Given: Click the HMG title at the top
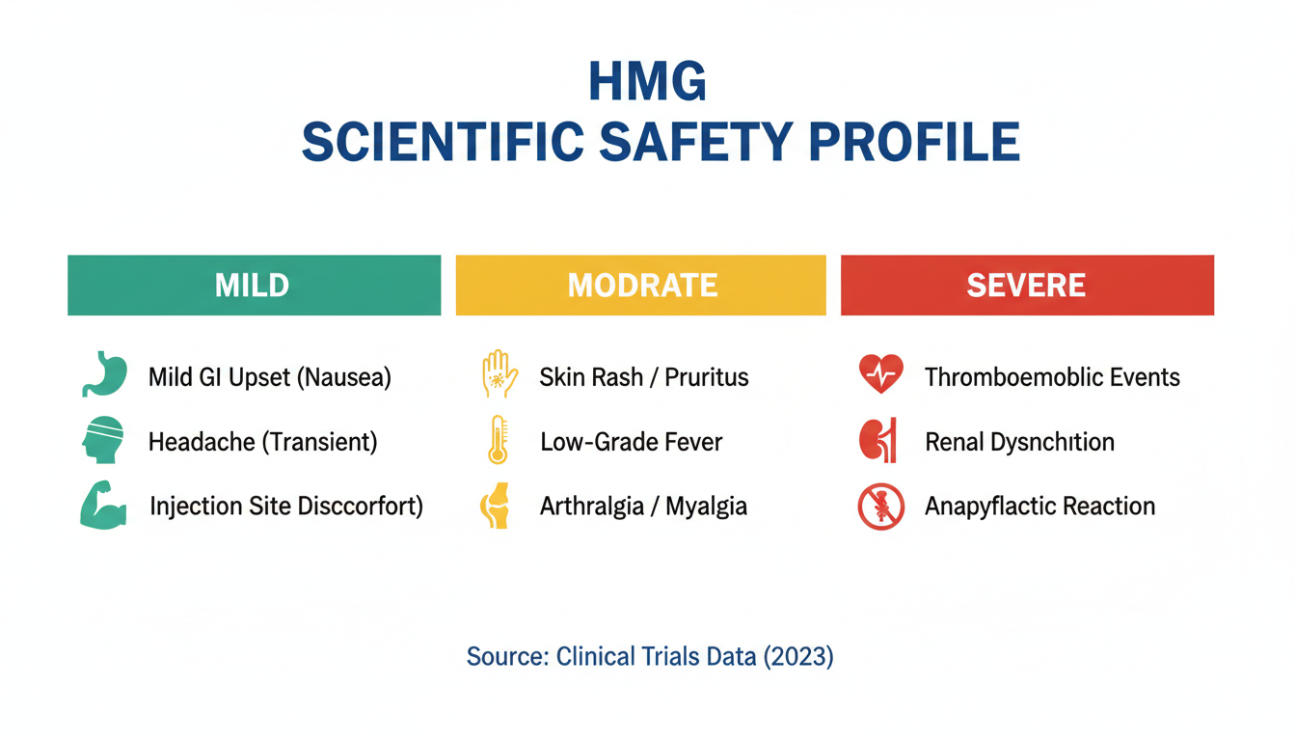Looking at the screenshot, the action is (x=647, y=82).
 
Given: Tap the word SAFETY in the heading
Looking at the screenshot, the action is (x=695, y=142).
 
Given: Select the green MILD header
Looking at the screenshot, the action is (x=254, y=286).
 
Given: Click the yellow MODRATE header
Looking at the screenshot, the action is (x=641, y=286).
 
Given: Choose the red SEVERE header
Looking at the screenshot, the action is (x=1028, y=286).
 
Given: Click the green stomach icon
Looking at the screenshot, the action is (x=105, y=374).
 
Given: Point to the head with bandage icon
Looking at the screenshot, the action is (x=103, y=439).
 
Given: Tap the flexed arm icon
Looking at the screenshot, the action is (x=103, y=505).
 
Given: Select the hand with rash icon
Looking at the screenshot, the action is (x=499, y=374).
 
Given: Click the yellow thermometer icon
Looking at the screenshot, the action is (x=499, y=440).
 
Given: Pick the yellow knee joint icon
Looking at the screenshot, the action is (x=496, y=506).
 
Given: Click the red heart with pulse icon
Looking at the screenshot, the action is (x=881, y=373).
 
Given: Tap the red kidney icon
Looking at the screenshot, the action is (x=878, y=440).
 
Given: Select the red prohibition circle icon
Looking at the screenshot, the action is (x=881, y=507).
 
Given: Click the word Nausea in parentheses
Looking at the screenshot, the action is (x=345, y=377).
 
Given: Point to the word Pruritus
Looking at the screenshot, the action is (x=707, y=377).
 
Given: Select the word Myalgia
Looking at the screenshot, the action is (x=707, y=508).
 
